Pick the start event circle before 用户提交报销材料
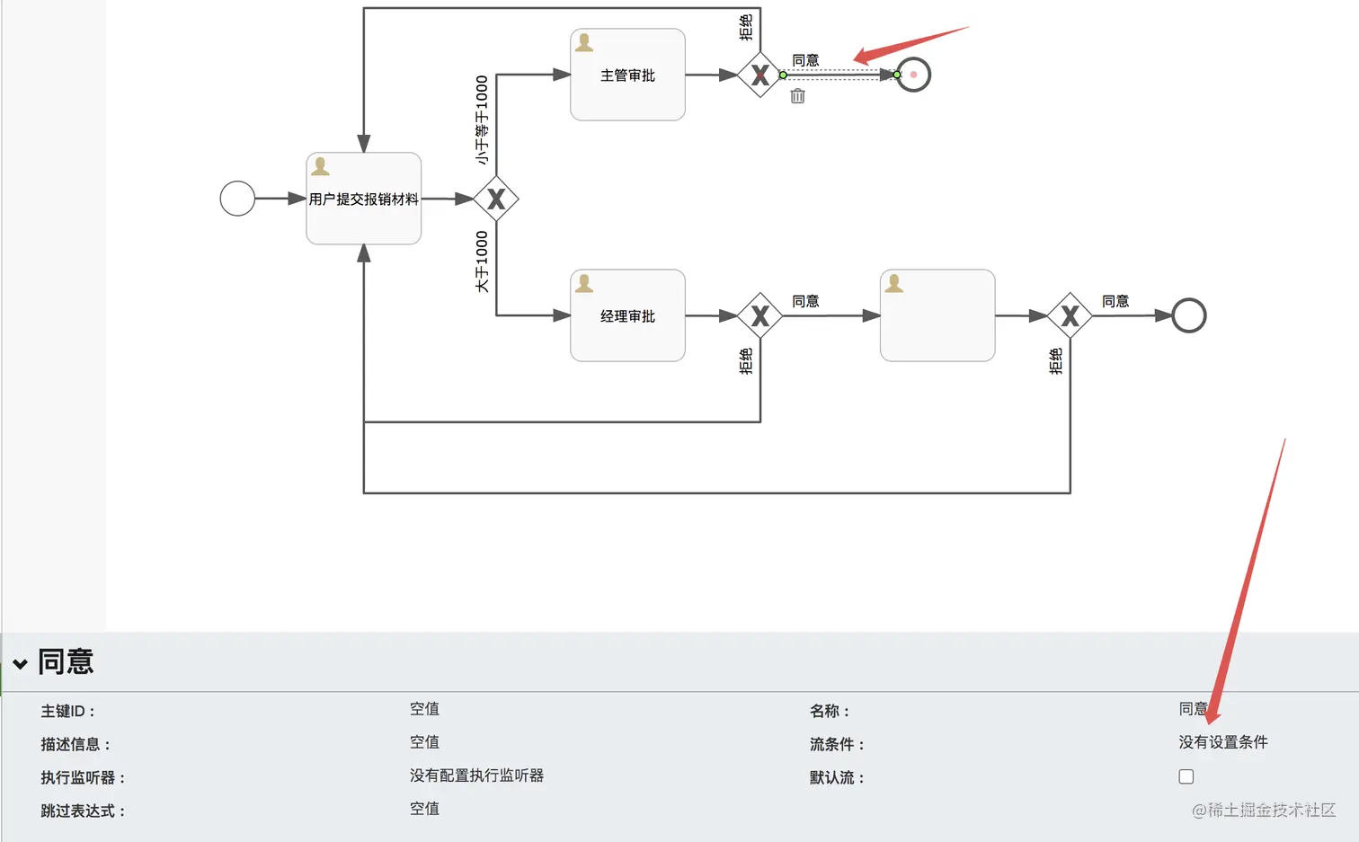(x=237, y=199)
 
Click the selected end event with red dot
(x=913, y=75)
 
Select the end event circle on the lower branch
(x=1188, y=315)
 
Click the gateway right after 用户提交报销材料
(x=496, y=199)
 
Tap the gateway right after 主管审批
(x=759, y=75)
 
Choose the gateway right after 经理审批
(x=759, y=315)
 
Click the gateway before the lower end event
(x=1070, y=315)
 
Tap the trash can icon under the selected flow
(x=797, y=96)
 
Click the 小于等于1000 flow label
(x=482, y=120)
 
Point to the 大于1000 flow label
(x=482, y=261)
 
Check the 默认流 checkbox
(x=1186, y=776)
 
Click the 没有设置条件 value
(x=1222, y=742)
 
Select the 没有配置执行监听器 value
(x=476, y=776)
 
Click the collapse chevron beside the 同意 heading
(x=20, y=664)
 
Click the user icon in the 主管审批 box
(x=584, y=42)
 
